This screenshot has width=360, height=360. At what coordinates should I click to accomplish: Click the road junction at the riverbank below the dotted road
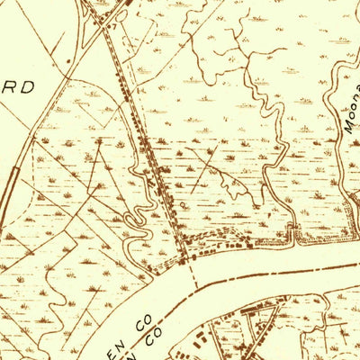tap(187, 259)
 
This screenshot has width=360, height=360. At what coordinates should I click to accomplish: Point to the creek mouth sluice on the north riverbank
tap(292, 237)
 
